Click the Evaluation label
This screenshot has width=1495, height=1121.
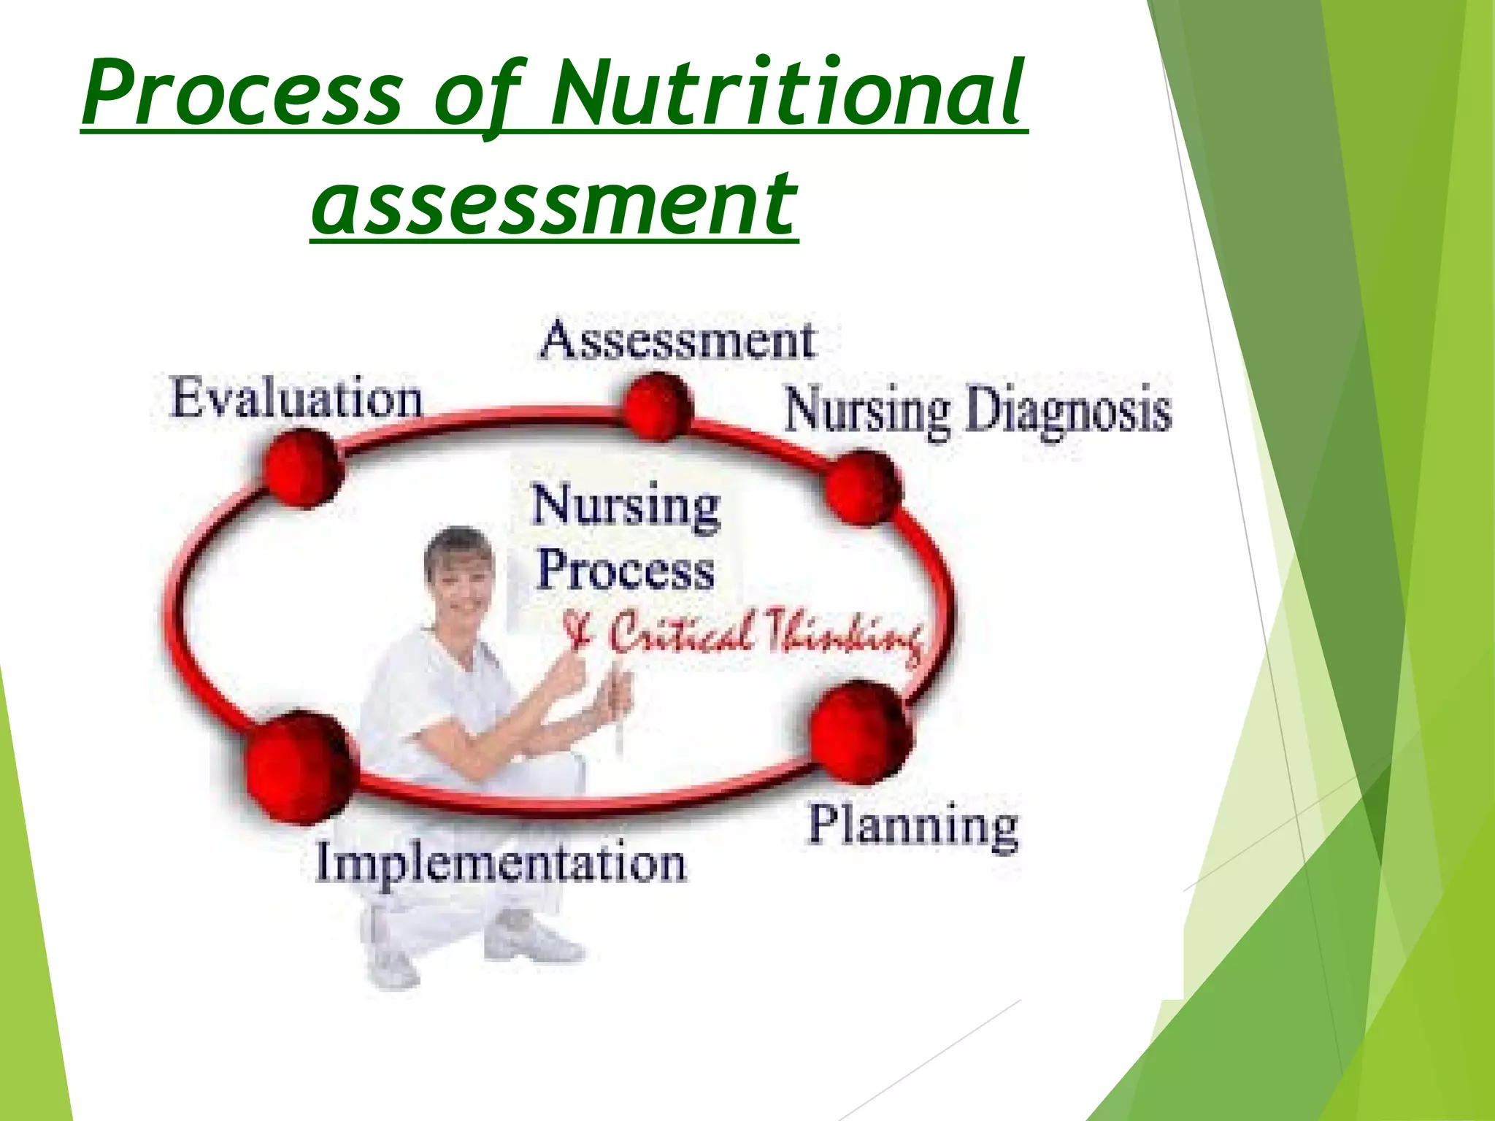coord(296,399)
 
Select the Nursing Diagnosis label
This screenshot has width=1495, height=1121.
coord(977,410)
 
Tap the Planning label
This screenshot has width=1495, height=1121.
coord(912,826)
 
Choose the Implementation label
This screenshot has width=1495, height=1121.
coord(501,863)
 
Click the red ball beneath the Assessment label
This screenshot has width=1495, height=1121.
coord(658,406)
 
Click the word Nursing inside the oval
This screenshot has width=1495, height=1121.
coord(626,506)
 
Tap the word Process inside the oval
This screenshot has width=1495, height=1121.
coord(625,571)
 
